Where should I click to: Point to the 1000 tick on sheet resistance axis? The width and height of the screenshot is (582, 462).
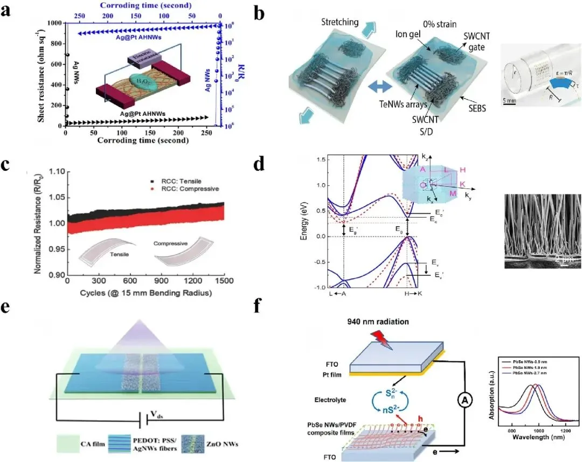(53, 23)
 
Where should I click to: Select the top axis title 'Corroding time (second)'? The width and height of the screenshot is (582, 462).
(142, 5)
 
